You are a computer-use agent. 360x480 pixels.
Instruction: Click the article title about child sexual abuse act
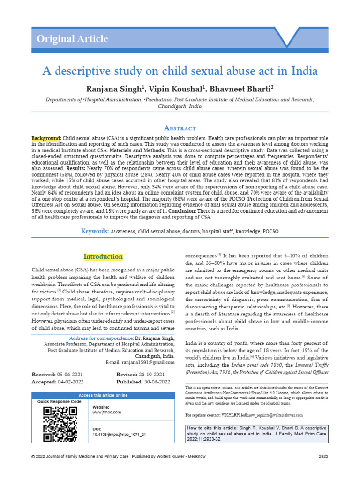[180, 71]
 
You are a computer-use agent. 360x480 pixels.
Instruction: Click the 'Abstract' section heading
[180, 128]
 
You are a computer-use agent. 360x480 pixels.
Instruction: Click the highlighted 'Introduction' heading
[103, 257]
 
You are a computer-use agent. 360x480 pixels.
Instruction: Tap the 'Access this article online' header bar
[103, 396]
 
